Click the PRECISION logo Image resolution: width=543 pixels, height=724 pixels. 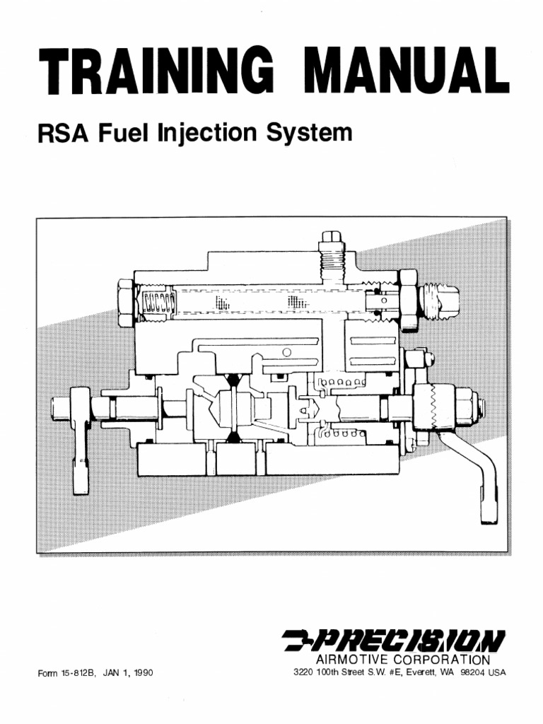(395, 641)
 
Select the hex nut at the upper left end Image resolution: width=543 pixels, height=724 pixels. (126, 303)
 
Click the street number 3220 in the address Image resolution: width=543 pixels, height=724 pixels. (304, 672)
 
